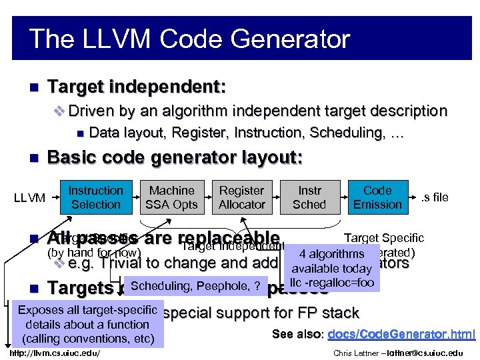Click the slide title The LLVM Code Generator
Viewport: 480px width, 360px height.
pyautogui.click(x=189, y=39)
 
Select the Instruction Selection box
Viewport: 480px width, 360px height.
pyautogui.click(x=96, y=198)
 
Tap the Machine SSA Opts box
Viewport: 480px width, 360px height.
pyautogui.click(x=171, y=198)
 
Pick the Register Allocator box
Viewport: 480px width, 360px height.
pyautogui.click(x=242, y=198)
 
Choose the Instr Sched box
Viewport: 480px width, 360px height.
pyautogui.click(x=309, y=198)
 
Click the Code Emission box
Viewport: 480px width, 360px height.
pyautogui.click(x=377, y=198)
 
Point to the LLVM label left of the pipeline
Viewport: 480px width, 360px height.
pyautogui.click(x=30, y=198)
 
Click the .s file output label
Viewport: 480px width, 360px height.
pyautogui.click(x=435, y=197)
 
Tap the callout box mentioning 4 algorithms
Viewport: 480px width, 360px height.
pyautogui.click(x=331, y=268)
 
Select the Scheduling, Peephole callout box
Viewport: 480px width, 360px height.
pyautogui.click(x=195, y=287)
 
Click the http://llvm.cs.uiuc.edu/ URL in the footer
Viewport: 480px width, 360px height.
pyautogui.click(x=56, y=353)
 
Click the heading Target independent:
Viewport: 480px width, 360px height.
pyautogui.click(x=137, y=87)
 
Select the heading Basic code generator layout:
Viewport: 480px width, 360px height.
pyautogui.click(x=175, y=158)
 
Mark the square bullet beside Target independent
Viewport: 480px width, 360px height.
pyautogui.click(x=35, y=87)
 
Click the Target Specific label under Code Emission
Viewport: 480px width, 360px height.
pyautogui.click(x=383, y=238)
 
